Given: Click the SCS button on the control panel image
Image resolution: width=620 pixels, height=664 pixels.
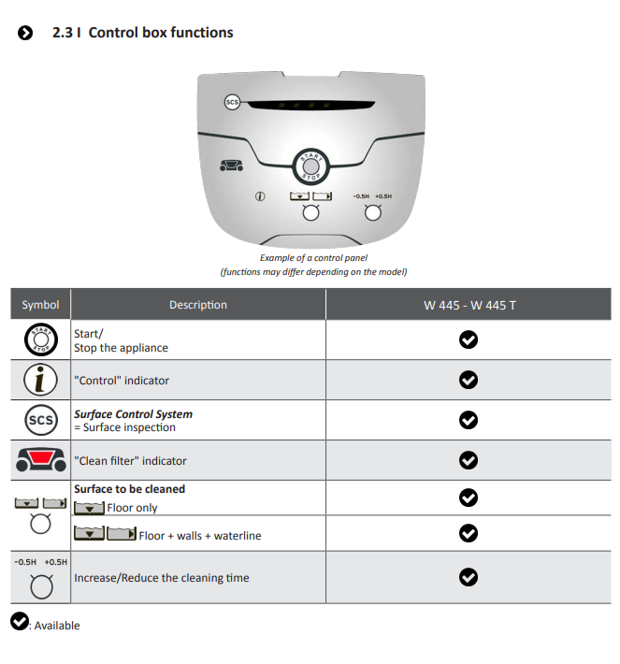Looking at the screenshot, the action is point(232,102).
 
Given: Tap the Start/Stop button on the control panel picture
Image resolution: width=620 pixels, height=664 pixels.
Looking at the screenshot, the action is point(310,166).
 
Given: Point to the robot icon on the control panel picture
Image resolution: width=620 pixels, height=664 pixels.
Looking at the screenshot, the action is point(231,166).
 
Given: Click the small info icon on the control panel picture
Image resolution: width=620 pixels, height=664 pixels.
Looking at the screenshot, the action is point(260,196).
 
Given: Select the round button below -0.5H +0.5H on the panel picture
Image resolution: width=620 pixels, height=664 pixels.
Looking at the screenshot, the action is point(373,212).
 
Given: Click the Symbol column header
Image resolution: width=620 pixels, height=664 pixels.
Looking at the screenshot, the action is point(40,305).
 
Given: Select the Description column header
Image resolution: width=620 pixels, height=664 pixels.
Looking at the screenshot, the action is point(197,305).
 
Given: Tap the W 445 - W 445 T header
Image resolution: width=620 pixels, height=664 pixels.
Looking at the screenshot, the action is point(469,305).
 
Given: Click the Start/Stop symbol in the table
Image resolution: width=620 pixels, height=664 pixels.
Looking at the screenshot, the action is point(40,339).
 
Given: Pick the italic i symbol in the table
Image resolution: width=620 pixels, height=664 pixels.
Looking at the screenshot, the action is point(40,380).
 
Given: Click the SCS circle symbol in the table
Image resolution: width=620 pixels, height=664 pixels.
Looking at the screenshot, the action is point(40,420).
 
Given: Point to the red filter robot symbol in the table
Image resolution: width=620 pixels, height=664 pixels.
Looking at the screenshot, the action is point(40,460).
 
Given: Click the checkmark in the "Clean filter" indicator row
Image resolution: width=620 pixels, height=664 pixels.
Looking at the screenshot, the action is point(469,460).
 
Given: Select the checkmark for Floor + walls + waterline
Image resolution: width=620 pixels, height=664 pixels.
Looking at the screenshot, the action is point(469,533).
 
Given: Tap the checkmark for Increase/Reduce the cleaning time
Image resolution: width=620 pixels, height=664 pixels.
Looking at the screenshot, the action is point(469,577).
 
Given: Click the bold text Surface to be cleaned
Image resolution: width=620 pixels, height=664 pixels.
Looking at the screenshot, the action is point(130,489).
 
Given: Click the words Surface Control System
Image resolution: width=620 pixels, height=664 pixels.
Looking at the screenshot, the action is point(134,414).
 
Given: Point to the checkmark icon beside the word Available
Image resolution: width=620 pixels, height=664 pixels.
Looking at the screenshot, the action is point(20,621).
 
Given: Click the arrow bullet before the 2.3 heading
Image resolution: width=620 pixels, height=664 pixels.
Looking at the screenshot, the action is point(25,33).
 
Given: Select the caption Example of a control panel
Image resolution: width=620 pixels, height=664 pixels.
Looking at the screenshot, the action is point(314,258).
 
